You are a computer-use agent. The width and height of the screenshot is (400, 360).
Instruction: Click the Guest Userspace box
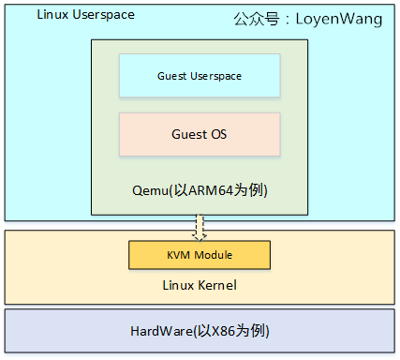point(199,75)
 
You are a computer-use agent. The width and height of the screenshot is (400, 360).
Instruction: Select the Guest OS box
point(199,134)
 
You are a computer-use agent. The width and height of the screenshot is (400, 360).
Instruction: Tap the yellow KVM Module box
point(199,254)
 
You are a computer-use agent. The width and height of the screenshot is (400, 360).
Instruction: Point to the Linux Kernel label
point(200,284)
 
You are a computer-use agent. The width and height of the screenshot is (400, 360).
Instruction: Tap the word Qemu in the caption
point(149,190)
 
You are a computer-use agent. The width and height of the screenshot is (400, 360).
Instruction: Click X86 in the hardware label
point(221,333)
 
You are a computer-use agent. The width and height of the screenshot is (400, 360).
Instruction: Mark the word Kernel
point(216,284)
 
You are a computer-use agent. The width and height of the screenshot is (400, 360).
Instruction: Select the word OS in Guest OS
point(217,134)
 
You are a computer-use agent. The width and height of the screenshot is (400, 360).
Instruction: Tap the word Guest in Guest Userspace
point(171,75)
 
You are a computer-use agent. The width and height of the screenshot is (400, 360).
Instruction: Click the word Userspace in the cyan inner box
point(215,75)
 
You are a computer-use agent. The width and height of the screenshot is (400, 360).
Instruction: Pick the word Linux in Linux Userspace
point(51,16)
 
